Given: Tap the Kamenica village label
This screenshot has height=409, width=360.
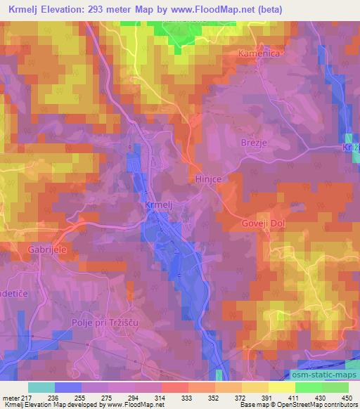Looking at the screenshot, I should (x=280, y=53).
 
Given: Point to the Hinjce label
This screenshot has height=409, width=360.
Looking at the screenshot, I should (x=208, y=179).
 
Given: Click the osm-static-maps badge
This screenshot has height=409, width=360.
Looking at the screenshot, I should (x=319, y=377).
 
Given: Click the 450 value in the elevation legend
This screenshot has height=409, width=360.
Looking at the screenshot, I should (x=347, y=397).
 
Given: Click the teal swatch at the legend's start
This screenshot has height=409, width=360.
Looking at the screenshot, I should (x=41, y=387).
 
